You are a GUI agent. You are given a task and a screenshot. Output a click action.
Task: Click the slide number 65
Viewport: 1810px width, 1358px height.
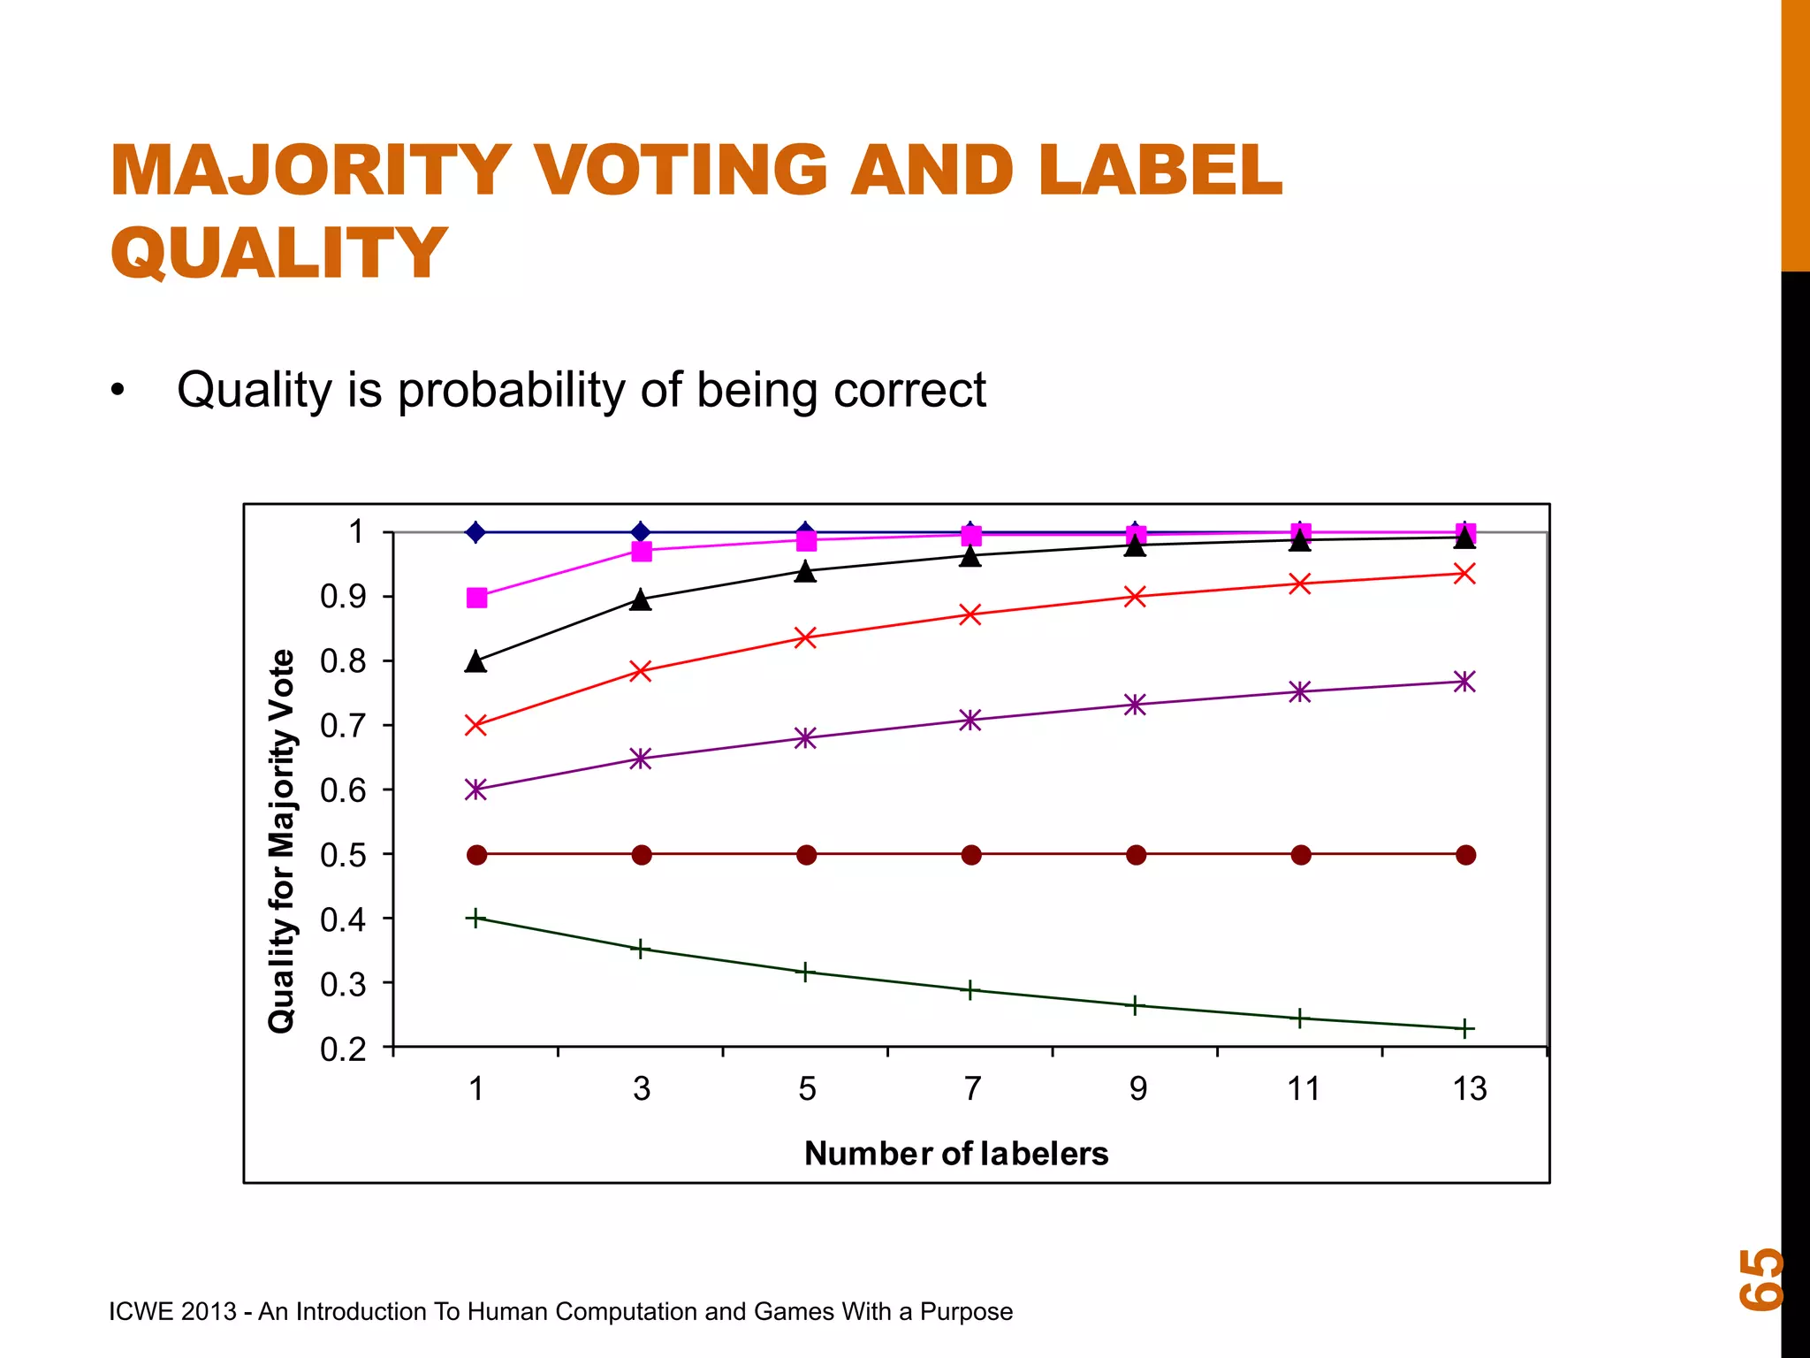click(x=1761, y=1278)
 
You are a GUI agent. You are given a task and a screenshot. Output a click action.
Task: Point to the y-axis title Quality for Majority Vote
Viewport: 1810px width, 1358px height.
click(x=282, y=841)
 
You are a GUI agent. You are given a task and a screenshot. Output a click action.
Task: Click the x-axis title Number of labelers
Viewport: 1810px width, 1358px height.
click(x=955, y=1154)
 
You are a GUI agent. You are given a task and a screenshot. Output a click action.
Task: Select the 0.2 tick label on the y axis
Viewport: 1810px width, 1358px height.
click(x=343, y=1049)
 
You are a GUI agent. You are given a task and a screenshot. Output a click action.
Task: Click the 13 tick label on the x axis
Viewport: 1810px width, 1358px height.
click(x=1469, y=1089)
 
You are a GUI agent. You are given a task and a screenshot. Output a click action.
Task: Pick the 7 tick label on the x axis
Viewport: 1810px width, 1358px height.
click(x=972, y=1089)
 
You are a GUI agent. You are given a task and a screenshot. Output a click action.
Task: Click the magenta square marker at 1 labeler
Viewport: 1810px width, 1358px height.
click(x=476, y=599)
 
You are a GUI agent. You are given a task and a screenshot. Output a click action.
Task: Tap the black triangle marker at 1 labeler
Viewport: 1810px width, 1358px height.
click(x=475, y=662)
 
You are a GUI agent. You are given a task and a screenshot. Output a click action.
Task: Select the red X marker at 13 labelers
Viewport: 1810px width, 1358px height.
click(x=1464, y=574)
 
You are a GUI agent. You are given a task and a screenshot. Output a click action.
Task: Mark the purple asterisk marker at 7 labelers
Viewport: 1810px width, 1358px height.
click(x=970, y=720)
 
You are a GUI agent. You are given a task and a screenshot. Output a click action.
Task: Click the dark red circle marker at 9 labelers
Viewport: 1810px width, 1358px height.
click(x=1137, y=855)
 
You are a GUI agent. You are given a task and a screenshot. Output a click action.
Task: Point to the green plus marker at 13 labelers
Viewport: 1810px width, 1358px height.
click(x=1464, y=1029)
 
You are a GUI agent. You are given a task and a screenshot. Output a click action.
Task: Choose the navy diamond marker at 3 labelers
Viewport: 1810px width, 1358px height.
click(x=642, y=532)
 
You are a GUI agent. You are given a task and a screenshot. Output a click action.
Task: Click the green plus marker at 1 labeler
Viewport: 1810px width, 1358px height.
click(x=475, y=919)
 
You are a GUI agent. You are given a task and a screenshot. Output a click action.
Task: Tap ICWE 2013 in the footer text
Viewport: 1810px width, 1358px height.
click(x=172, y=1311)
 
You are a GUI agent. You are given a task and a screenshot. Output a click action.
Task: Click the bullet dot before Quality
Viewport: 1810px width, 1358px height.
click(x=118, y=391)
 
